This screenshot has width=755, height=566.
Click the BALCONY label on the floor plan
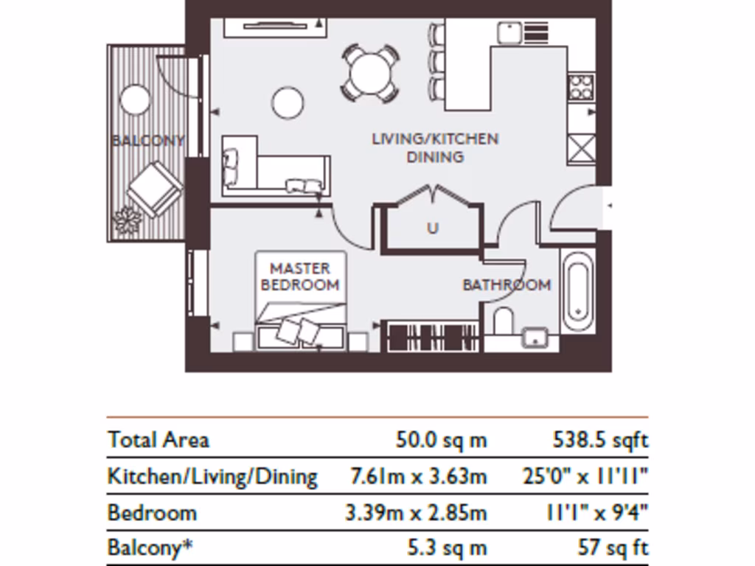147,141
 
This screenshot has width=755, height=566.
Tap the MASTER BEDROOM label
300,276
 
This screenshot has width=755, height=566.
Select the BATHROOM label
507,285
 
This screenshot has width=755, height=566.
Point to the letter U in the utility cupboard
433,228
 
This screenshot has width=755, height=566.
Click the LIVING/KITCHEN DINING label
435,147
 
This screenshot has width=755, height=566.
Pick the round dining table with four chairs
370,74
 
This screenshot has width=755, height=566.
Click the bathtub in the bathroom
578,290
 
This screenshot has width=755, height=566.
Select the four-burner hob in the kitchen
581,87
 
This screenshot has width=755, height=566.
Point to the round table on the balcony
136,99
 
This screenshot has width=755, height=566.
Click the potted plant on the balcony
128,220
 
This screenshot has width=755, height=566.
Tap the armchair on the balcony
155,189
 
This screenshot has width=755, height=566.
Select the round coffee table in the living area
288,102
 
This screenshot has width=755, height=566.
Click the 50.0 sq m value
441,440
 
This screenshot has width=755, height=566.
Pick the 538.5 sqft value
600,440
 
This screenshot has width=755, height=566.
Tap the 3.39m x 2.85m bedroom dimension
416,513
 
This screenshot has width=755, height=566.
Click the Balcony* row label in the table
150,548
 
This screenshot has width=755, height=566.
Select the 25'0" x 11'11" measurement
585,477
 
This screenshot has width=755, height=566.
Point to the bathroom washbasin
535,338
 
